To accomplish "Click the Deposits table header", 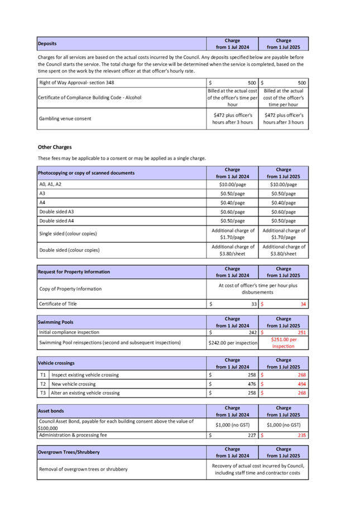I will point(47,43).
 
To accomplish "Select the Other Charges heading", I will point(55,147).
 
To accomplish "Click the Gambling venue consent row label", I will point(65,118).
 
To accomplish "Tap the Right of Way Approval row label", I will point(77,83).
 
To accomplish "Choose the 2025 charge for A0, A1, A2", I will point(284,184).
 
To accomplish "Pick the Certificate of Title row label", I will point(58,304).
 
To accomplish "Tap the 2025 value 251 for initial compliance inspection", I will point(301,332).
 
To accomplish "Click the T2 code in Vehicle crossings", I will point(42,384).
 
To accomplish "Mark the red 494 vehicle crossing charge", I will point(300,384).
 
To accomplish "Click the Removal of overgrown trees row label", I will point(83,469).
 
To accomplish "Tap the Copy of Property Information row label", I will point(70,289).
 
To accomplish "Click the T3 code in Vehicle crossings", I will point(42,393).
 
